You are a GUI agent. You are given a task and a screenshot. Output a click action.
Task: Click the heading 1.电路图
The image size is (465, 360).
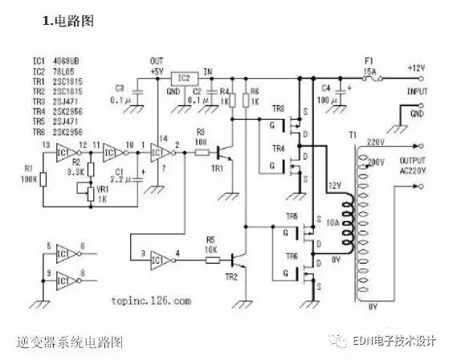(68, 22)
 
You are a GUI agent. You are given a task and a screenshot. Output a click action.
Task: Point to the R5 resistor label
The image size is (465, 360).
(210, 239)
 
